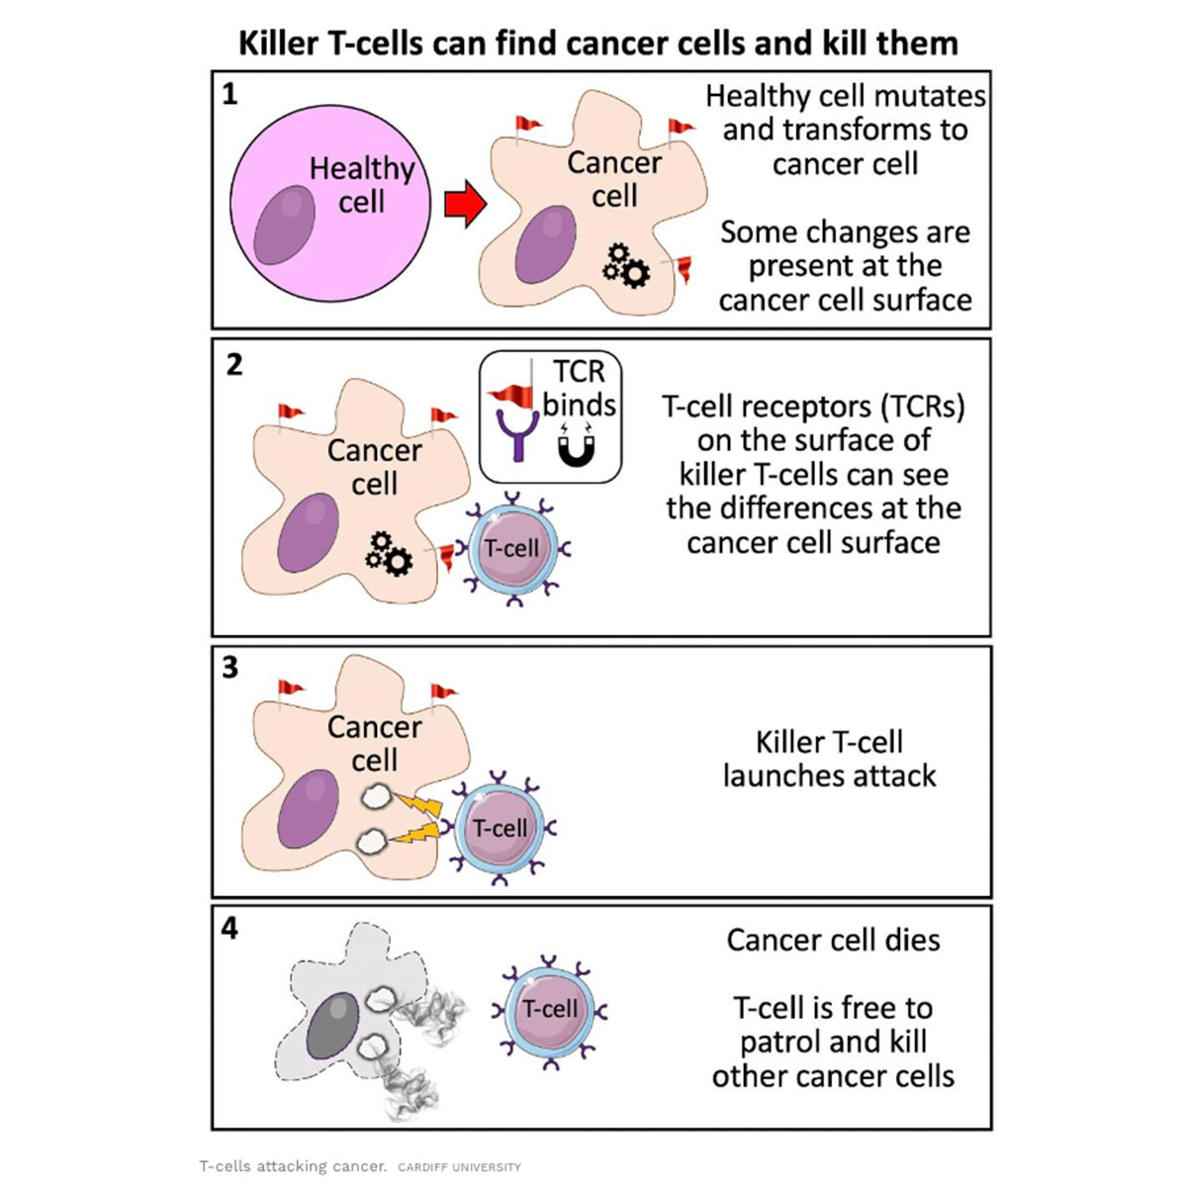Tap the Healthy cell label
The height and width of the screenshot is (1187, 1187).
pyautogui.click(x=361, y=185)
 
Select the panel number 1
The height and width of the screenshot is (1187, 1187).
pyautogui.click(x=229, y=95)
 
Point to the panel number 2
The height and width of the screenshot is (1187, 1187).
pyautogui.click(x=233, y=365)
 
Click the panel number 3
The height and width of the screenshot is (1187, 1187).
pyautogui.click(x=230, y=668)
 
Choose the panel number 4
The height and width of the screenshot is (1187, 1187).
pyautogui.click(x=229, y=929)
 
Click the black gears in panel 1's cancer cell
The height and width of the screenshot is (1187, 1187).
pyautogui.click(x=626, y=265)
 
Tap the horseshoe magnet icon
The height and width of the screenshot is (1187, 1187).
pyautogui.click(x=576, y=447)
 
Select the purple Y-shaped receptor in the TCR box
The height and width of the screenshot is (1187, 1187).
pyautogui.click(x=515, y=436)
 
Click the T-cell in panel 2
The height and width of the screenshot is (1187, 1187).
pyautogui.click(x=512, y=550)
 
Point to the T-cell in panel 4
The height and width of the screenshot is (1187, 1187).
pyautogui.click(x=549, y=1010)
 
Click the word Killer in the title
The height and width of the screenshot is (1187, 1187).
pyautogui.click(x=280, y=44)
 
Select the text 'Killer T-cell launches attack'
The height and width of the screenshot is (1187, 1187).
pyautogui.click(x=829, y=759)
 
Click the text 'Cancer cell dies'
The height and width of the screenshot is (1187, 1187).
pyautogui.click(x=833, y=940)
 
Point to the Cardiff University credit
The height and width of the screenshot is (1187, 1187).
pyautogui.click(x=459, y=1167)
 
